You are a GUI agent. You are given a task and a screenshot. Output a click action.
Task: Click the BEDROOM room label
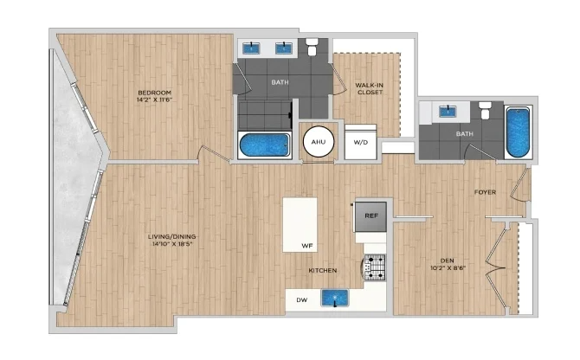pyautogui.click(x=155, y=93)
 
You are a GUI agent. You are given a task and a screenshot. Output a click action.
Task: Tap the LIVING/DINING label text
pyautogui.click(x=171, y=236)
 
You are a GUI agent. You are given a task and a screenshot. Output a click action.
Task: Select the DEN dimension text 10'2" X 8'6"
pyautogui.click(x=448, y=268)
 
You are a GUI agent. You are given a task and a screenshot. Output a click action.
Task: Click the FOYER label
pyautogui.click(x=485, y=192)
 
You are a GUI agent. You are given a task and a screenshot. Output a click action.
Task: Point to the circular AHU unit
pyautogui.click(x=318, y=142)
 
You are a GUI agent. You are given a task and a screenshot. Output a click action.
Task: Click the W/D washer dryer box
pyautogui.click(x=361, y=142)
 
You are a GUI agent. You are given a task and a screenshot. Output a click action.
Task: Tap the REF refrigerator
pyautogui.click(x=371, y=215)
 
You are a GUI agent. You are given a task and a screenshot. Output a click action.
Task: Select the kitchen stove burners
pyautogui.click(x=375, y=267)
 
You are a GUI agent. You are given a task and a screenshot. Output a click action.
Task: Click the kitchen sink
pyautogui.click(x=335, y=298)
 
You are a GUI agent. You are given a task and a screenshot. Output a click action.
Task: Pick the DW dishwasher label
pyautogui.click(x=302, y=300)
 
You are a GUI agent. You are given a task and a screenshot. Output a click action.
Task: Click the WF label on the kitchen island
pyautogui.click(x=307, y=246)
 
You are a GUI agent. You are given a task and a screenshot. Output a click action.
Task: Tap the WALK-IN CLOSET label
pyautogui.click(x=370, y=89)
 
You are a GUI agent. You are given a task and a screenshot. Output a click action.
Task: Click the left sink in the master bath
pyautogui.click(x=251, y=48)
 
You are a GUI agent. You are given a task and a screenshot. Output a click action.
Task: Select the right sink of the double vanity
pyautogui.click(x=284, y=48)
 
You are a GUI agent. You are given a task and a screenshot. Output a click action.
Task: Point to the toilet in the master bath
pyautogui.click(x=313, y=47)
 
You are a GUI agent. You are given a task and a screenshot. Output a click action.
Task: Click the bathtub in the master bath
pyautogui.click(x=265, y=145)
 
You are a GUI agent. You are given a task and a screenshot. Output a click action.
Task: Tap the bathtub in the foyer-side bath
pyautogui.click(x=518, y=132)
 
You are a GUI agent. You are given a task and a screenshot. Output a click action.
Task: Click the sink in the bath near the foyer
pyautogui.click(x=448, y=112)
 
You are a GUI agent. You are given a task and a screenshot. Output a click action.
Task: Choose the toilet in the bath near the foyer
pyautogui.click(x=484, y=111)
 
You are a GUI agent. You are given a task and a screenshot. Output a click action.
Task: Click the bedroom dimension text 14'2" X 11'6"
pyautogui.click(x=155, y=100)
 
